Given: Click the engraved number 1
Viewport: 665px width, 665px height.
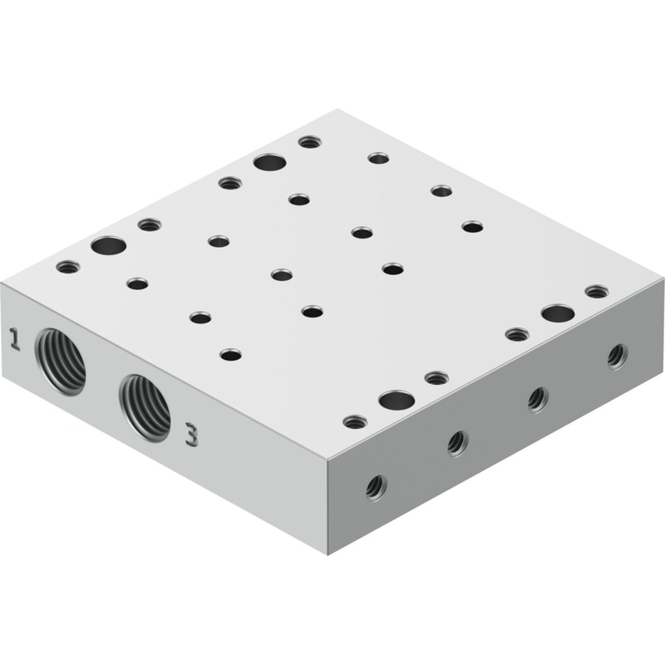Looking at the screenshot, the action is tap(15, 338).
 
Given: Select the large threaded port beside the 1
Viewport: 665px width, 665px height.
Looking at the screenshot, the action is tap(61, 362).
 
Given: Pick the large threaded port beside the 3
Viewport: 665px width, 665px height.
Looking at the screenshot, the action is tap(145, 408).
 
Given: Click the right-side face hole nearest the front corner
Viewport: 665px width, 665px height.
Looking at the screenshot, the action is tap(377, 488).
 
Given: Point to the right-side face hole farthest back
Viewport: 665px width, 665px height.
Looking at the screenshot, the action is tap(618, 357).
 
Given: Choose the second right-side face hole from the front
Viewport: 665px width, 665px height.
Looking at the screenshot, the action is tap(458, 444).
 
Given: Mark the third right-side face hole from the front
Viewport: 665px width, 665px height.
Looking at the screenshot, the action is tap(538, 400).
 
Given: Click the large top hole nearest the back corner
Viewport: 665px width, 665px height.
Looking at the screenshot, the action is tap(269, 162).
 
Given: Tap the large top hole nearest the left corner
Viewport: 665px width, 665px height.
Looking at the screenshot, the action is tap(109, 246).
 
